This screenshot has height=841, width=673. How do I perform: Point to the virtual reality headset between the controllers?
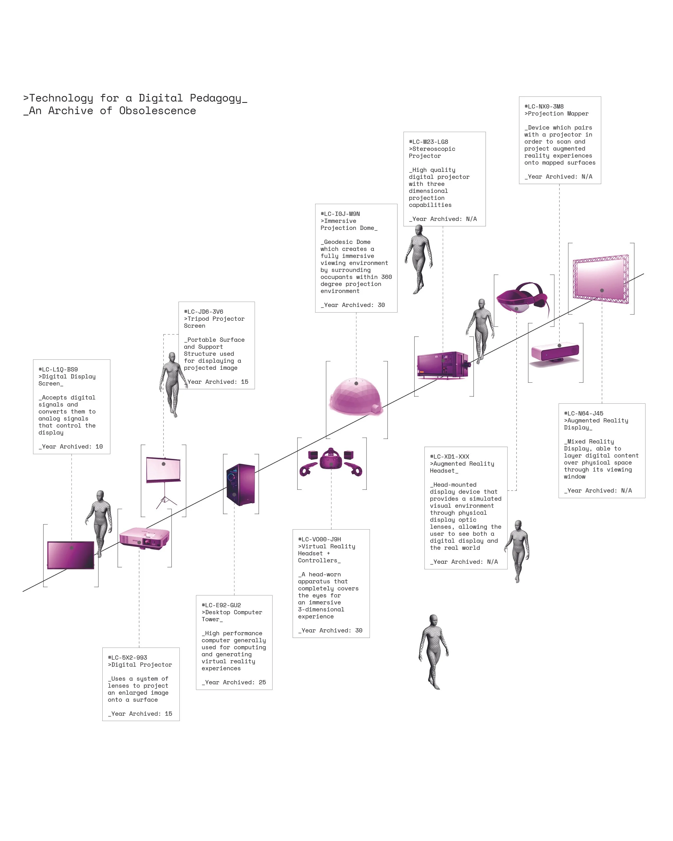click(331, 459)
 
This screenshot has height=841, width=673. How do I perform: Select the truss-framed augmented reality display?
click(601, 279)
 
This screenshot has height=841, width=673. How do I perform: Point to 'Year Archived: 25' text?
click(234, 682)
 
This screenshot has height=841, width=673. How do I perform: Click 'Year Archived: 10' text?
click(71, 447)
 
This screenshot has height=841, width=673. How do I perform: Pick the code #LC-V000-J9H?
click(319, 539)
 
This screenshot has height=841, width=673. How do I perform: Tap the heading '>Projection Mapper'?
click(556, 114)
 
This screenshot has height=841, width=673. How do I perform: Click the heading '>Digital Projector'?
click(140, 665)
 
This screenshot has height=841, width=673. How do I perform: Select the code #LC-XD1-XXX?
click(450, 457)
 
